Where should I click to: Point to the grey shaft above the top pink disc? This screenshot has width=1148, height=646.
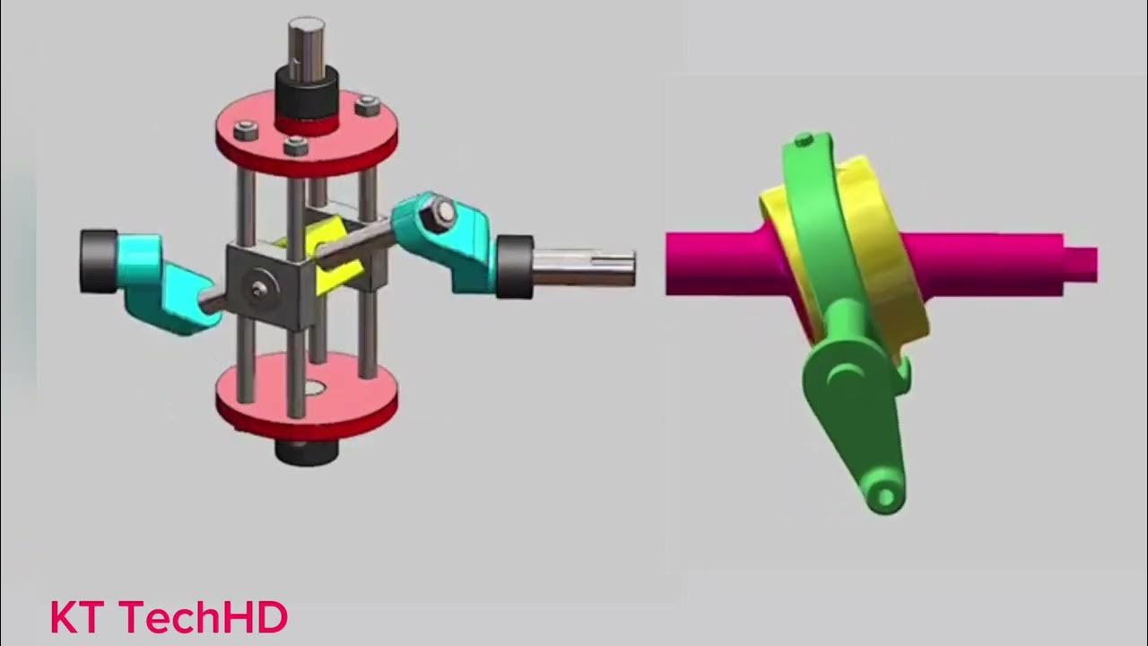306,40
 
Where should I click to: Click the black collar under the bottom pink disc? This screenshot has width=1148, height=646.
306,450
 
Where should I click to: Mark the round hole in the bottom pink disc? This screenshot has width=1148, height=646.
313,389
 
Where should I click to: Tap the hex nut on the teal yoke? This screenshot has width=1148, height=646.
441,212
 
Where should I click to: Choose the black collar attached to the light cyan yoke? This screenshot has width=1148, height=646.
98,260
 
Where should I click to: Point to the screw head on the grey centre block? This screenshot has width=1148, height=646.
259,288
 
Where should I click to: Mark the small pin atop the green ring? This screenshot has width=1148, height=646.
804,140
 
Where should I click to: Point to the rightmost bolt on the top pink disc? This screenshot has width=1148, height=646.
368,107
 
